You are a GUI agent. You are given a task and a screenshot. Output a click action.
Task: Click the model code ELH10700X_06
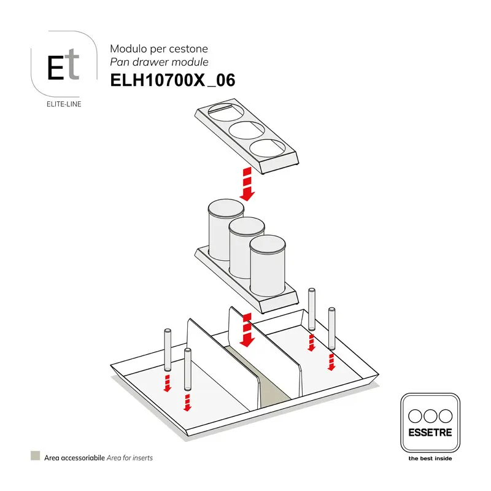[172, 80]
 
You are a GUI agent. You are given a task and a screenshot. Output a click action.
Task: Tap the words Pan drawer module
[159, 62]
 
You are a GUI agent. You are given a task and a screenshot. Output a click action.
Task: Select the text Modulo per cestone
[159, 48]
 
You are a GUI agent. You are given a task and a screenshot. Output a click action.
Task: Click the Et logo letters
[63, 64]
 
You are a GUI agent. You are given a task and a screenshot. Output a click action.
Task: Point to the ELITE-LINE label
[64, 104]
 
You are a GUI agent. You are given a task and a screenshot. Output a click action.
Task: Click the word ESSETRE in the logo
[430, 433]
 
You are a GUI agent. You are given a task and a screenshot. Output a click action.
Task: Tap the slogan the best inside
[430, 458]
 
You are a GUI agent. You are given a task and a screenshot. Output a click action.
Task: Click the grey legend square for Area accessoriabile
[36, 455]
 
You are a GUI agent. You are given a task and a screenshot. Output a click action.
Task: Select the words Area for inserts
[130, 458]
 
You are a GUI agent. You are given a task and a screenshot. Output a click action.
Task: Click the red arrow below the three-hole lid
[247, 184]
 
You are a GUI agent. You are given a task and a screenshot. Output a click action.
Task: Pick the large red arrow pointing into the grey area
[247, 330]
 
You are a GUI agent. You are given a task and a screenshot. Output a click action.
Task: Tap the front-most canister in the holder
[268, 266]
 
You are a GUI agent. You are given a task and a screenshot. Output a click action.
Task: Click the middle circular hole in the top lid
[247, 130]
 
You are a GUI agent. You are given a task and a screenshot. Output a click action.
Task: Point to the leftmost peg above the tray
[168, 349]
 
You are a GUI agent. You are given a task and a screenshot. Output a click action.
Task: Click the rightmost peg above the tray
[331, 328]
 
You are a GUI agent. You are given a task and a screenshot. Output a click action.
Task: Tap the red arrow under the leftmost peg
[168, 383]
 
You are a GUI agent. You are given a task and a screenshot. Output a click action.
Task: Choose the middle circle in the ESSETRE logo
[430, 417]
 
